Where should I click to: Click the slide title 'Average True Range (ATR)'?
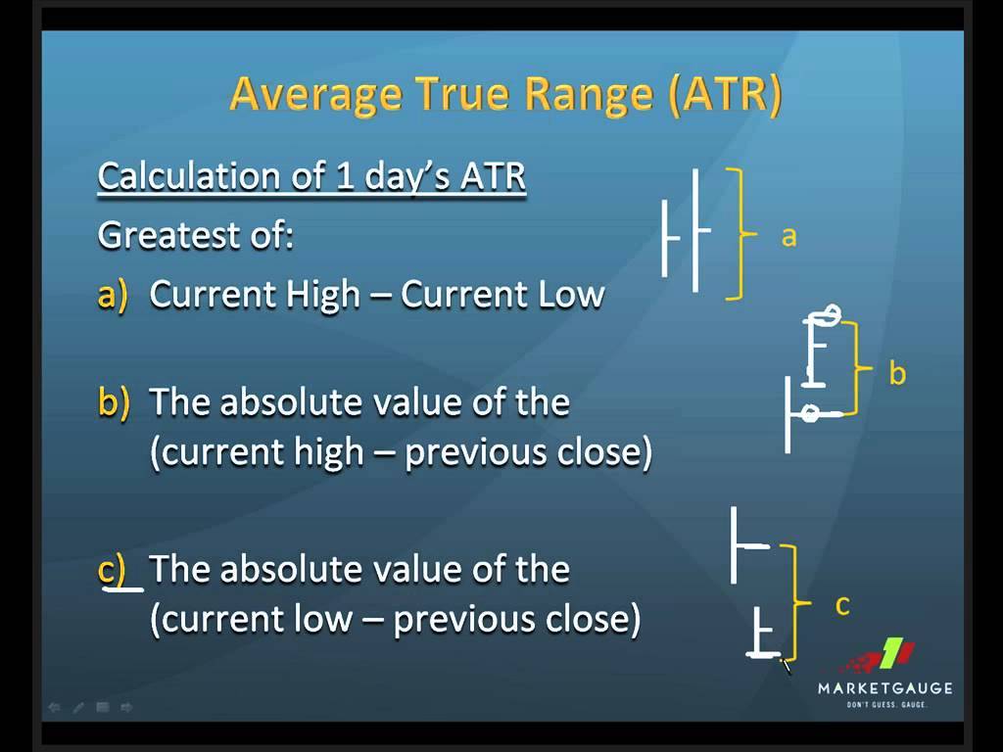pos(505,95)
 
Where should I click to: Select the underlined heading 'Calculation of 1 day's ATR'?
pos(311,177)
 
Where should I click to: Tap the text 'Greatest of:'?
pos(196,235)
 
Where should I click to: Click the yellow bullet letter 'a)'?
pos(113,295)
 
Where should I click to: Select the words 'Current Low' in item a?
pos(502,295)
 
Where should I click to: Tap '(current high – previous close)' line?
pos(400,453)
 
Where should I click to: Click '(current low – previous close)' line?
pos(395,620)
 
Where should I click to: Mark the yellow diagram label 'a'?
pos(788,236)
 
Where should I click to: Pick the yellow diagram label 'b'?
pos(896,373)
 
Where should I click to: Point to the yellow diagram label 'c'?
pos(841,606)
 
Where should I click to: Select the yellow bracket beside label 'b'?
pos(859,367)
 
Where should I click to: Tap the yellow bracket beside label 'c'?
pos(798,603)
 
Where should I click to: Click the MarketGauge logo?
pos(884,673)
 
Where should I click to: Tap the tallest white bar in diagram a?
pos(695,230)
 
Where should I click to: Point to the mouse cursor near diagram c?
pos(786,666)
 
